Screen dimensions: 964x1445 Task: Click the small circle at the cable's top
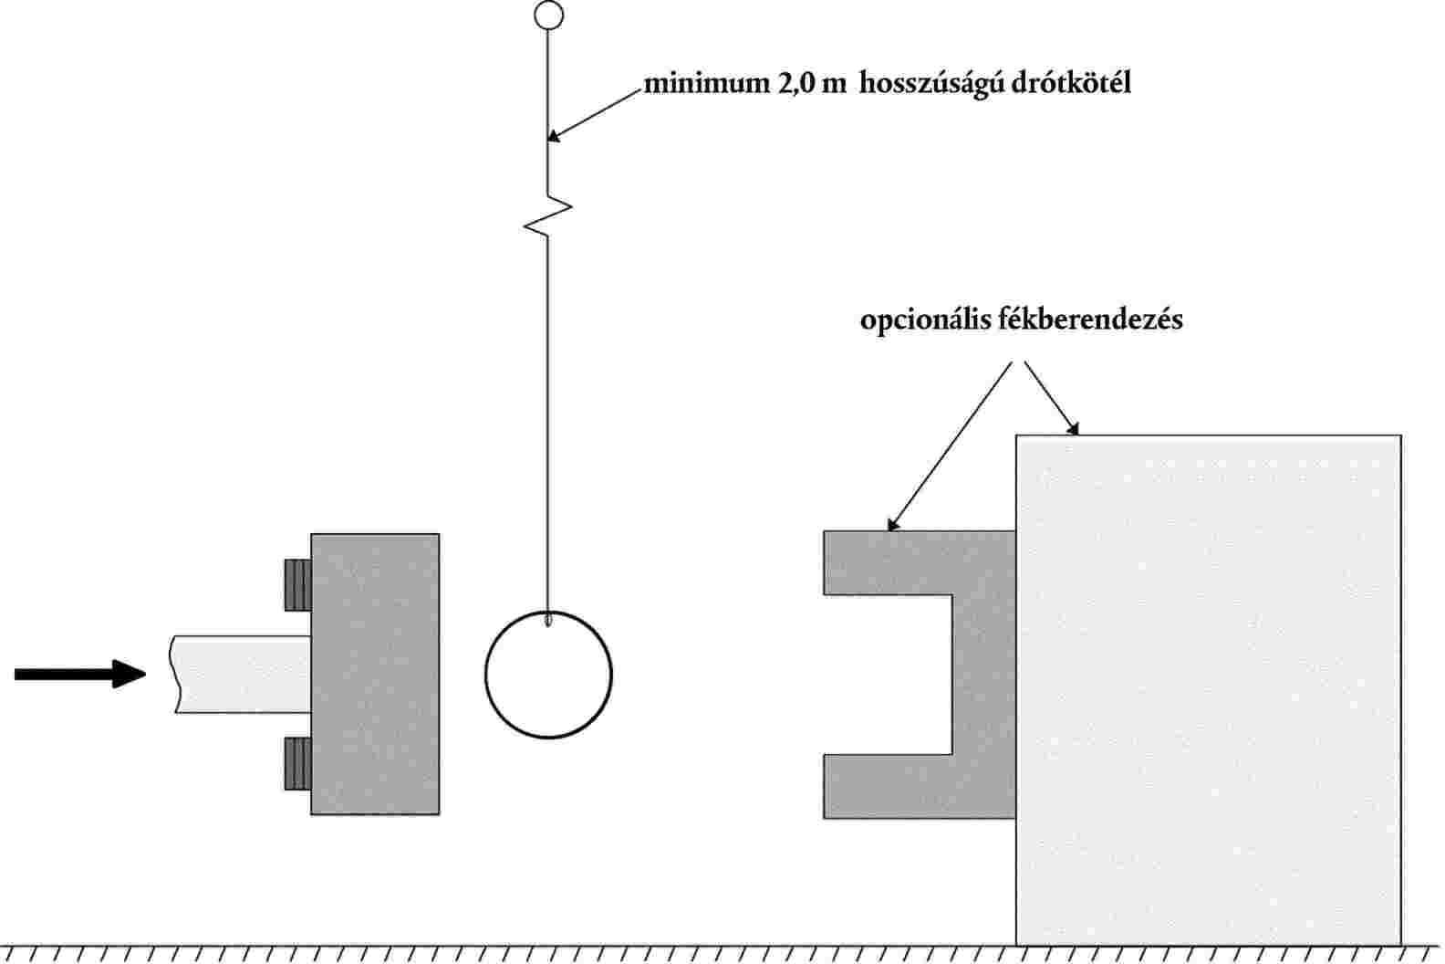pos(548,16)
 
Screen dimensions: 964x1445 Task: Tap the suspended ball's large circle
pos(548,675)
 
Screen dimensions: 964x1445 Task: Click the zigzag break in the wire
pos(548,215)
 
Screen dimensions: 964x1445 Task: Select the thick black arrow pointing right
pos(80,674)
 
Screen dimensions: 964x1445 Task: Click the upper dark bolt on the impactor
pos(296,585)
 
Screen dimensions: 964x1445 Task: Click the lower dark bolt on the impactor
pos(296,763)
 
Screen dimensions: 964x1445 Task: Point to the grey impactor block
pos(375,674)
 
